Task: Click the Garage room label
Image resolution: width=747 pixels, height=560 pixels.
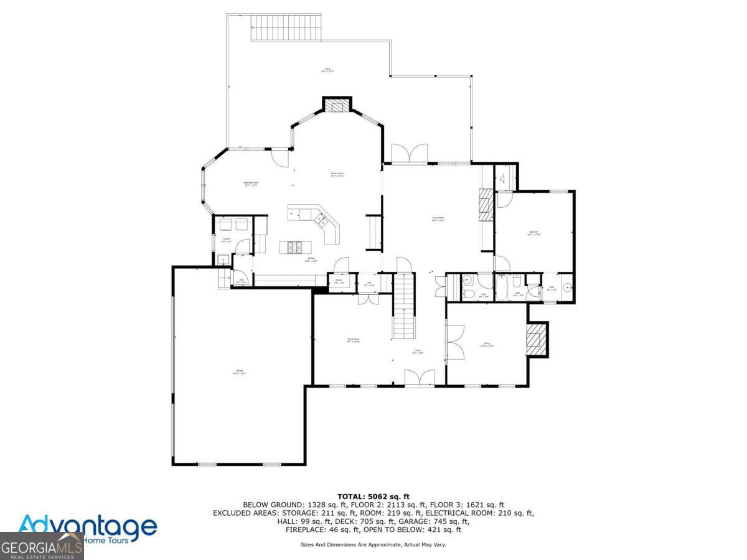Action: tap(238, 372)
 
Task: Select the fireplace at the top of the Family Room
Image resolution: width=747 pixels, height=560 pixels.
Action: tap(337, 106)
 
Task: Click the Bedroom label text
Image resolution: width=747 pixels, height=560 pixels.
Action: tap(533, 233)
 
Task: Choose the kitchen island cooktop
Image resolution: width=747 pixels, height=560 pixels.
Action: tap(293, 247)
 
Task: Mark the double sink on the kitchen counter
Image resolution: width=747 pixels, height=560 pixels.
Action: tap(322, 219)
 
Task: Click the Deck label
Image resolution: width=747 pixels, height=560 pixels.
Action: tap(327, 70)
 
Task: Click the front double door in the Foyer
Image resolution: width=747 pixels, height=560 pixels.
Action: tap(419, 378)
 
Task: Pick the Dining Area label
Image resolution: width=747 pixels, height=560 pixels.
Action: tap(353, 340)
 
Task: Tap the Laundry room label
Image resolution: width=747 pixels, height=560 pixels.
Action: tap(227, 240)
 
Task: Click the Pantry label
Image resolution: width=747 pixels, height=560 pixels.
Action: tap(339, 281)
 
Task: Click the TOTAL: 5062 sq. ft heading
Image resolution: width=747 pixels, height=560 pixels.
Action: tap(373, 496)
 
